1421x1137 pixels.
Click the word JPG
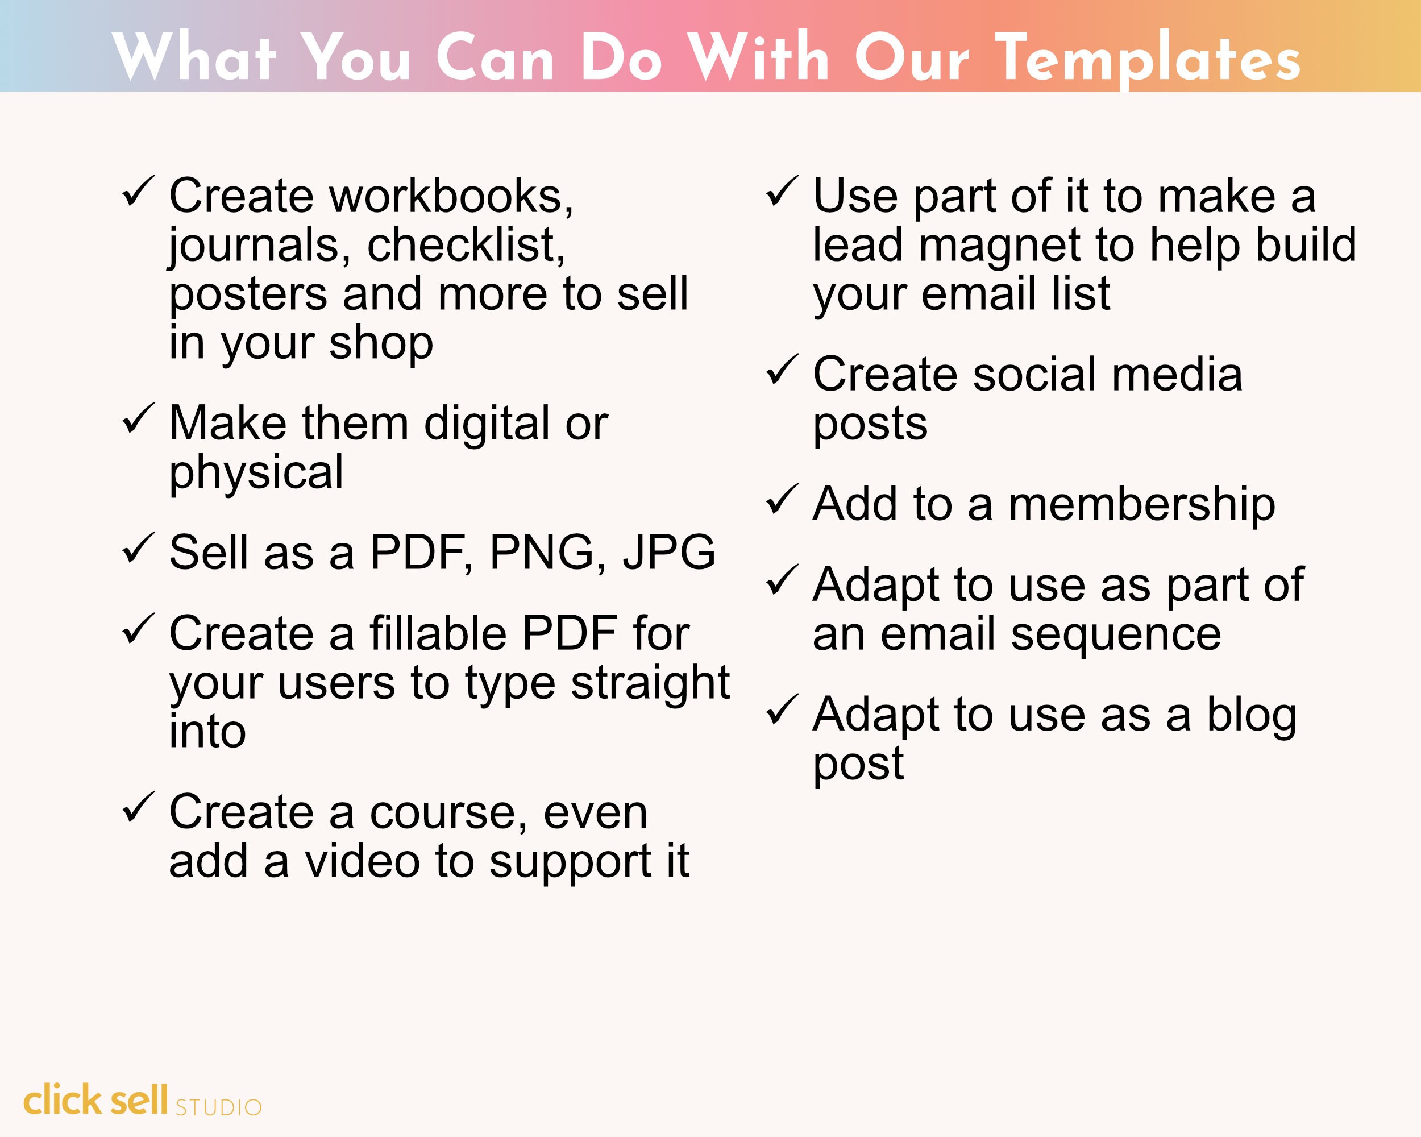(x=669, y=553)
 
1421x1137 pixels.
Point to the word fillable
(x=438, y=633)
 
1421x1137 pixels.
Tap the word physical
(x=256, y=473)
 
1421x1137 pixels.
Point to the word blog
(x=1251, y=715)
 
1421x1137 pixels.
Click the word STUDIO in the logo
(x=218, y=1108)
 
